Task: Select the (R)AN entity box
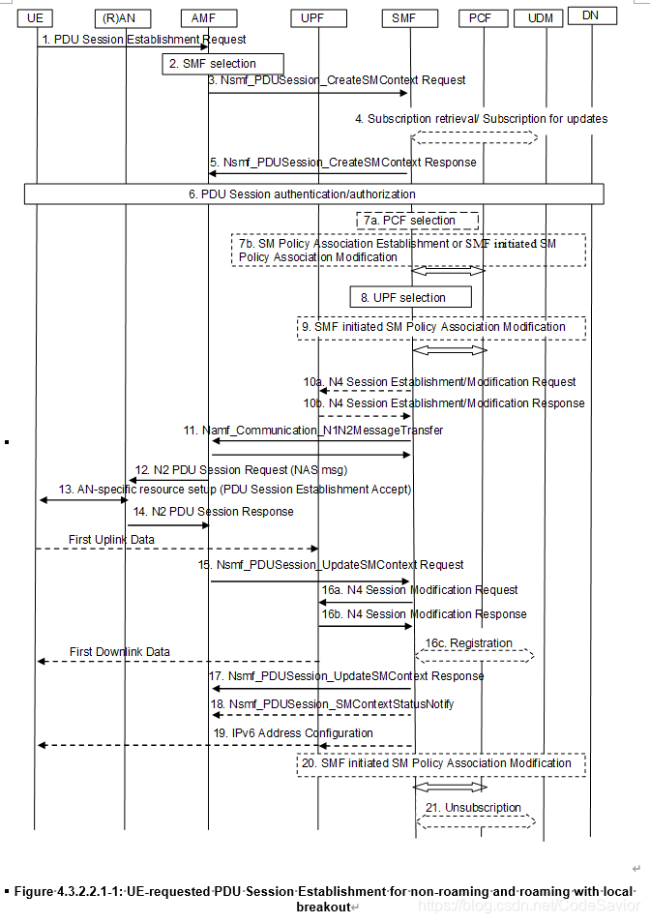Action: [124, 17]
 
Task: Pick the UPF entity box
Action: [313, 17]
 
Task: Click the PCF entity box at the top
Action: [481, 17]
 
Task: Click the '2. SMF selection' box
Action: [222, 64]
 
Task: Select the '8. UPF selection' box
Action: [410, 296]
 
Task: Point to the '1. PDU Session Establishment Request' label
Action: [143, 40]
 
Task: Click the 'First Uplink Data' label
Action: [111, 538]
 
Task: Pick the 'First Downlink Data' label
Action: [120, 651]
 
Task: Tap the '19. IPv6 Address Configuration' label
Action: [293, 733]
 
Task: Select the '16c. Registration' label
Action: [475, 642]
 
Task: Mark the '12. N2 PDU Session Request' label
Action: [241, 470]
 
